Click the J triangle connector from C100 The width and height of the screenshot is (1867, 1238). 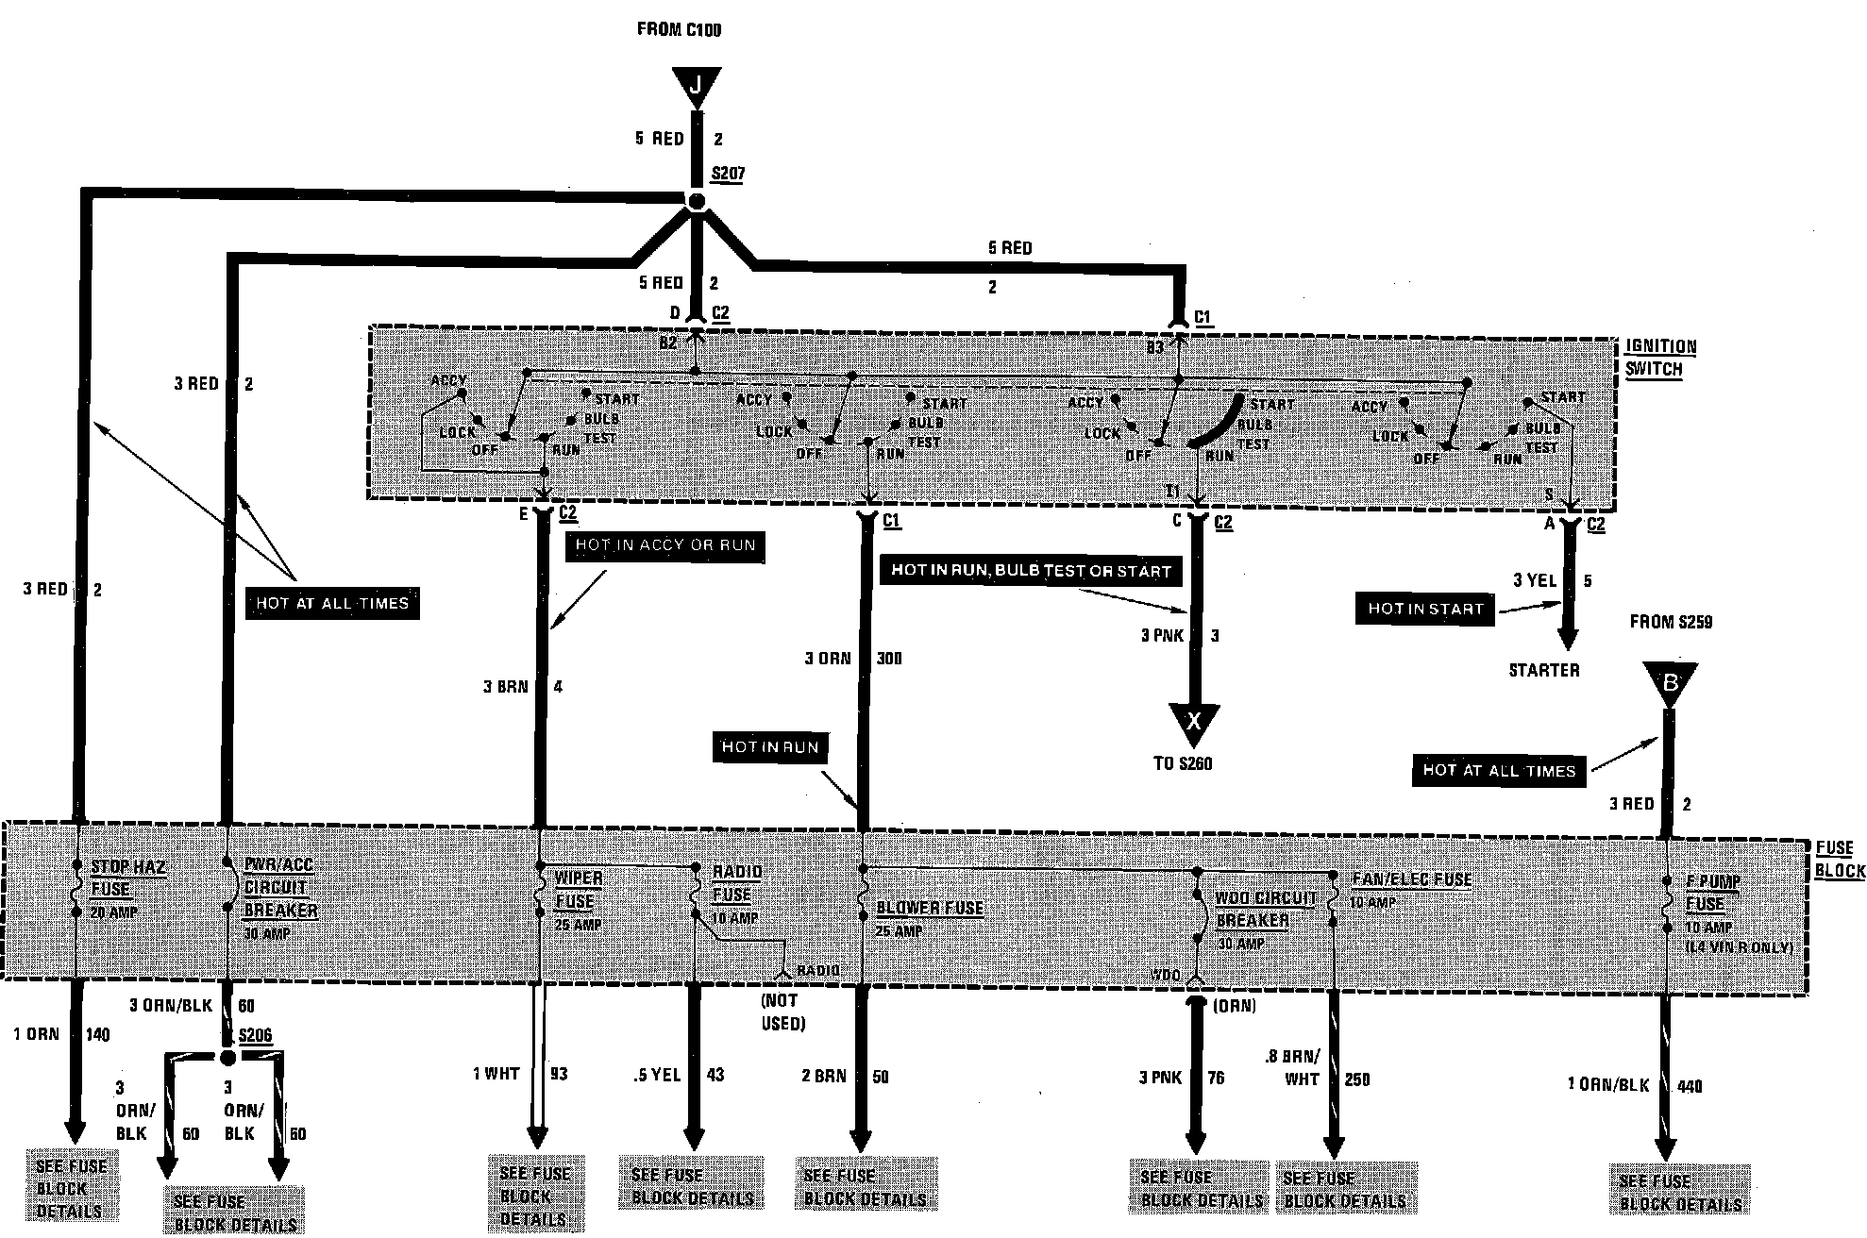click(x=697, y=86)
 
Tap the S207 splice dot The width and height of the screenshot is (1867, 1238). click(x=696, y=201)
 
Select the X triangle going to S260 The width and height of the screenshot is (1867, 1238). click(x=1194, y=722)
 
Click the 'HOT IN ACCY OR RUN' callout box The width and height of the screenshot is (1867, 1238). click(x=665, y=545)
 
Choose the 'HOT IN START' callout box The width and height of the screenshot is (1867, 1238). click(x=1425, y=609)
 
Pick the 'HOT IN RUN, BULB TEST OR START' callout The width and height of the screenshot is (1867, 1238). click(x=1031, y=571)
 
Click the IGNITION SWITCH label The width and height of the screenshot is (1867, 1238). click(x=1660, y=358)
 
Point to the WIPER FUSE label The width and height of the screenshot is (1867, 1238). click(x=577, y=890)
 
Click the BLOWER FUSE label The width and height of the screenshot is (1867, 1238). click(x=930, y=909)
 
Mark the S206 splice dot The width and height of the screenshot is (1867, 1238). click(x=227, y=1056)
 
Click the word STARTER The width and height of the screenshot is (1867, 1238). click(x=1543, y=670)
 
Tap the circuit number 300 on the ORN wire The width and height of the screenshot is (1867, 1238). click(x=888, y=658)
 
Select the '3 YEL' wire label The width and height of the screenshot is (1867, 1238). click(x=1534, y=580)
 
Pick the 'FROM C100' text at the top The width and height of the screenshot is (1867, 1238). click(x=679, y=29)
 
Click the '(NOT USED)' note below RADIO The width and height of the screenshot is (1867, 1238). click(x=782, y=1012)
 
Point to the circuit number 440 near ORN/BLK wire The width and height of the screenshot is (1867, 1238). click(x=1689, y=1086)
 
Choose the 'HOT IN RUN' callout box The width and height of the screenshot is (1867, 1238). click(x=769, y=747)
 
